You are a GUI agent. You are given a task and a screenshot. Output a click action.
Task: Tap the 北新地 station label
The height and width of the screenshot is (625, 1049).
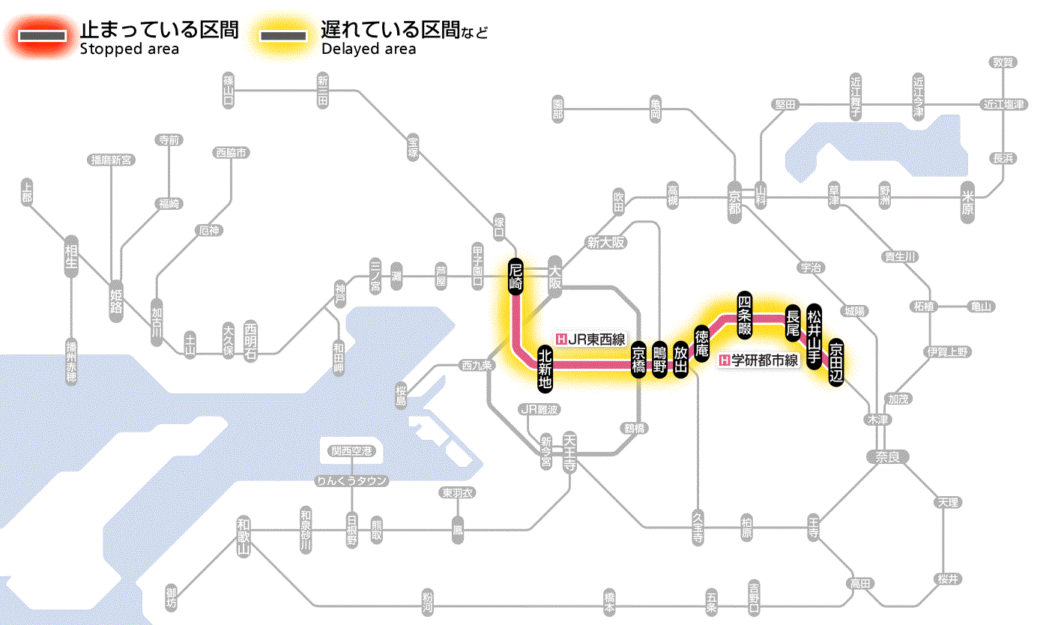545,369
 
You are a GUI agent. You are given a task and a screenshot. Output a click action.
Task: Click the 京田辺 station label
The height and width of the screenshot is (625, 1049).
836,360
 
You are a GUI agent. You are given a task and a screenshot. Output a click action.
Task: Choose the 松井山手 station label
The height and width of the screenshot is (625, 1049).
814,330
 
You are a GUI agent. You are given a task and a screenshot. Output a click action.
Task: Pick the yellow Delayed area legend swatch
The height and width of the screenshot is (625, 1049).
282,35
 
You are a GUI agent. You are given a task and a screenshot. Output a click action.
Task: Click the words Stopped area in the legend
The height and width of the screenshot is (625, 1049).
129,49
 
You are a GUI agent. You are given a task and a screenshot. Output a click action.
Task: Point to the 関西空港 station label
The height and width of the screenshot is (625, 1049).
351,451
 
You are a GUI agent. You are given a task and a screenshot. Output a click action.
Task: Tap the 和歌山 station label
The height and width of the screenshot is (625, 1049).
243,537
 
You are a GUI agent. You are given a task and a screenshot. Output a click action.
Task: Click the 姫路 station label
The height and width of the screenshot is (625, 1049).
116,301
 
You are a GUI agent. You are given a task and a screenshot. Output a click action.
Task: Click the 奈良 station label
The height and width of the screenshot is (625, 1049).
886,456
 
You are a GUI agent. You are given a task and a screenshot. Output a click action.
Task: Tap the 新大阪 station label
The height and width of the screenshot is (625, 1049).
606,243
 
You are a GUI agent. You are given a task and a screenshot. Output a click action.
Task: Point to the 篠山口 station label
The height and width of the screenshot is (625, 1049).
229,91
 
